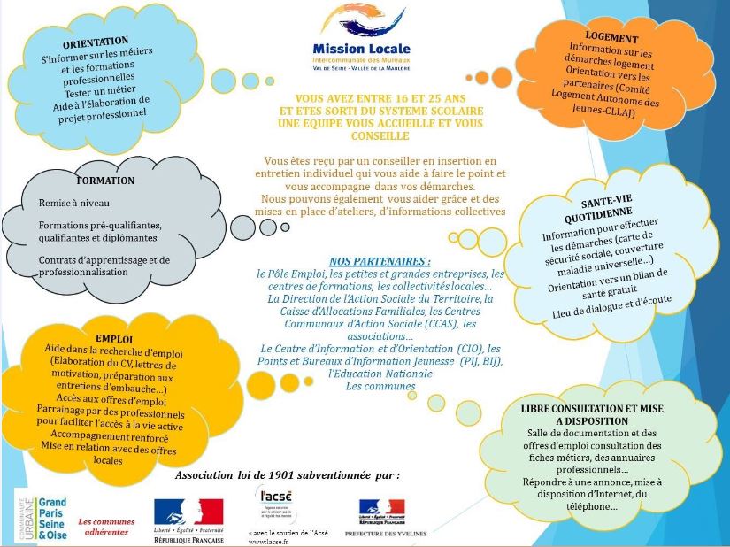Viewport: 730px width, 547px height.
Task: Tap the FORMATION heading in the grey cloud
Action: click(x=105, y=181)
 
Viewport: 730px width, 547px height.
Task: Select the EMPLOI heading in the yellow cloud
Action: click(x=114, y=339)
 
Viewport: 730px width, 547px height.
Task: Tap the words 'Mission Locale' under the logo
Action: click(x=361, y=49)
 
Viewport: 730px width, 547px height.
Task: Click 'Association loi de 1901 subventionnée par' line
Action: click(x=288, y=475)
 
